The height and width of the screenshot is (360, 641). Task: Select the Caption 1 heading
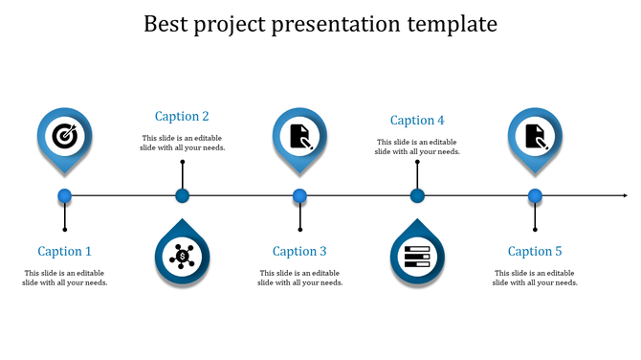tap(65, 252)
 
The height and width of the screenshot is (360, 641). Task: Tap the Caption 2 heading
tap(182, 117)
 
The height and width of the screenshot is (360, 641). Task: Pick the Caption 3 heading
tap(299, 252)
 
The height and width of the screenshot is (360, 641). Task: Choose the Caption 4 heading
tap(417, 121)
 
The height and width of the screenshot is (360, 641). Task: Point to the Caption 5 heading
tap(535, 252)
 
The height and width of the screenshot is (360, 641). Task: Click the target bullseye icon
tap(65, 135)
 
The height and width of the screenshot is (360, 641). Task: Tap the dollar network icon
tap(182, 256)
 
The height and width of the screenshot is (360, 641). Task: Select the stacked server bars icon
tap(417, 256)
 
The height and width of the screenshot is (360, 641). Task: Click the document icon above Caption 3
tap(300, 135)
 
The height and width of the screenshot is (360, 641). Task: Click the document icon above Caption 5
tap(535, 135)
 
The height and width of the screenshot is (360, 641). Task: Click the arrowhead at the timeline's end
tap(623, 196)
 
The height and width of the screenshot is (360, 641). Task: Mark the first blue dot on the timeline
tap(65, 196)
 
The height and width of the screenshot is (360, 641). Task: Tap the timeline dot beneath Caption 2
tap(182, 196)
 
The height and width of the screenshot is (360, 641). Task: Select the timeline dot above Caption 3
tap(299, 196)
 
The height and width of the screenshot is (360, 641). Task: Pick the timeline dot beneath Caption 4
tap(417, 196)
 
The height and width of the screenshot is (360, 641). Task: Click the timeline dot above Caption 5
tap(535, 196)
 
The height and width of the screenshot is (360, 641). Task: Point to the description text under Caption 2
tap(182, 143)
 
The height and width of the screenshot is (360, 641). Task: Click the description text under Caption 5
tap(535, 278)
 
